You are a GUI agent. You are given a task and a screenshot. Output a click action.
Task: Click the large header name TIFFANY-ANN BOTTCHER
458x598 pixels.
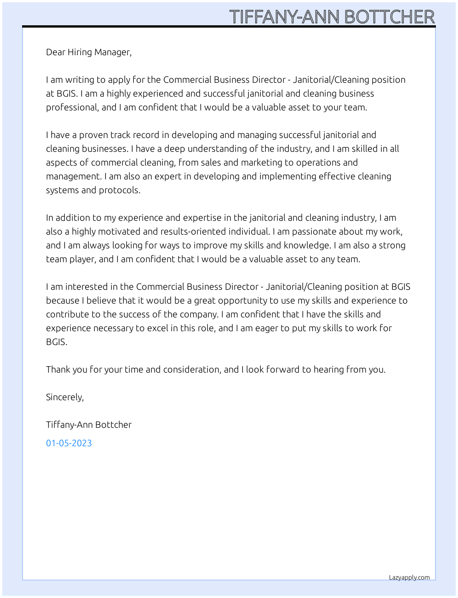point(332,17)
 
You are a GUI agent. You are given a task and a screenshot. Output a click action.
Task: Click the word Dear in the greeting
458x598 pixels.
point(56,52)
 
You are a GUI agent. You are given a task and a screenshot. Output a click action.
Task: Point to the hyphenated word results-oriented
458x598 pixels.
point(215,232)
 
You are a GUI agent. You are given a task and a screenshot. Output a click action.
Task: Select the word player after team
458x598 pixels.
point(82,259)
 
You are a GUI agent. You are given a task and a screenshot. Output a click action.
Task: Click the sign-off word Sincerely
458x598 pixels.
point(65,397)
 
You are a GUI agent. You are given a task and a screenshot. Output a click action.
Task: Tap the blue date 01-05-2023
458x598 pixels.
point(69,443)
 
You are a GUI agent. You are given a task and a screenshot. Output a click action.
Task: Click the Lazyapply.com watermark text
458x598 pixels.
point(409,578)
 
